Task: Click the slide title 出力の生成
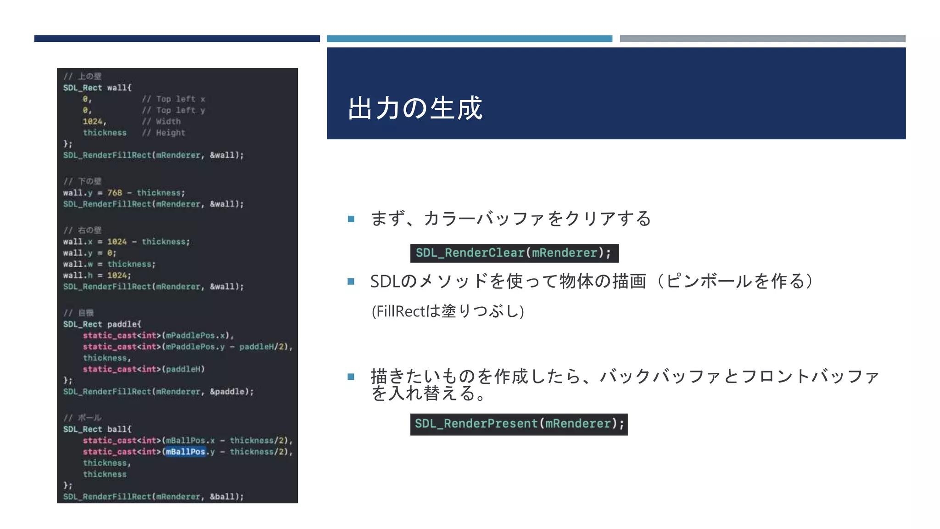[415, 108]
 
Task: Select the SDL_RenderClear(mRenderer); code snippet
[514, 253]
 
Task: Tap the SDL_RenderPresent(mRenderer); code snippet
[519, 424]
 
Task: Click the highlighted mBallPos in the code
[185, 452]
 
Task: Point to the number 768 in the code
[115, 193]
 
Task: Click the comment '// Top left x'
[173, 99]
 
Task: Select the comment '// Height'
[163, 133]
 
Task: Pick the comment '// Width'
[161, 122]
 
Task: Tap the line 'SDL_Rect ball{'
[97, 429]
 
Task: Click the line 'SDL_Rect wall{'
[97, 88]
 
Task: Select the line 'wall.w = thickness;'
[109, 264]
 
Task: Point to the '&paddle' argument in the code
[229, 392]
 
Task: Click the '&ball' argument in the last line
[224, 497]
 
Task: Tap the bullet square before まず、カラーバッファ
[351, 219]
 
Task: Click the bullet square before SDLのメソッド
[351, 281]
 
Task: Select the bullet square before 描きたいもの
[351, 377]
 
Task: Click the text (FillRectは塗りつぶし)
[448, 311]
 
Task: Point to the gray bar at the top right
[762, 39]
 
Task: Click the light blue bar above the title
[469, 39]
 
